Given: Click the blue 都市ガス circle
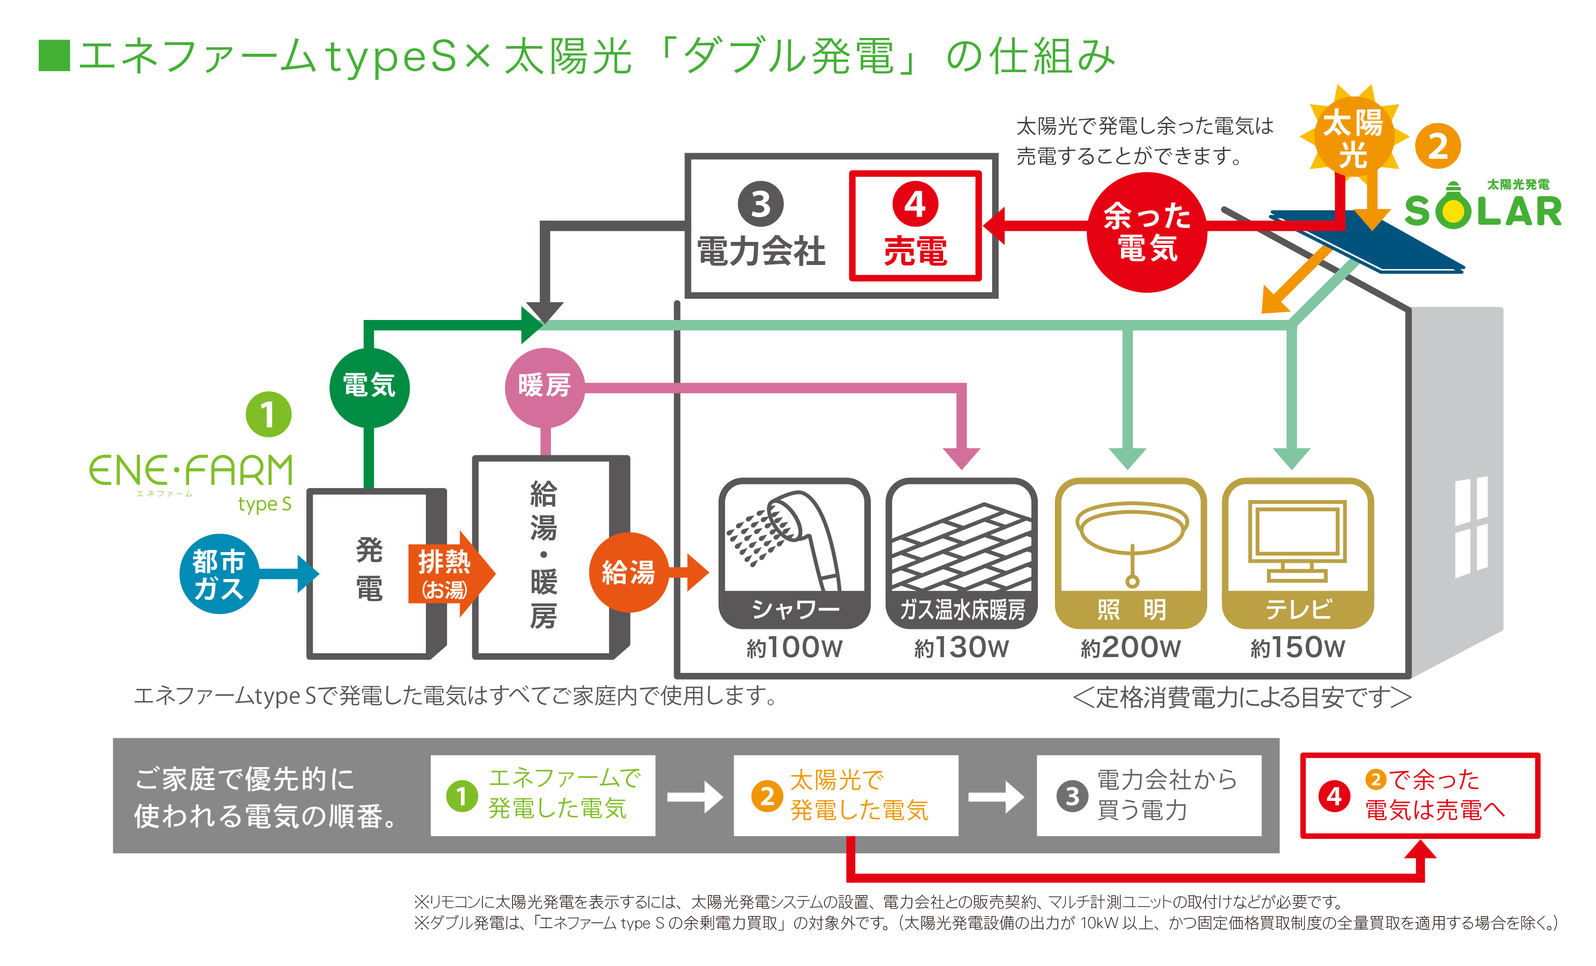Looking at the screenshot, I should pos(218,573).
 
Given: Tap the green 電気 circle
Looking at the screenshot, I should pos(369,387).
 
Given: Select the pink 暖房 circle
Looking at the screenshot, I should pos(544,387).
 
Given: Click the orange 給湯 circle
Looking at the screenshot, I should pos(628,572).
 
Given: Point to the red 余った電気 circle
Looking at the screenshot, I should pos(1147,232).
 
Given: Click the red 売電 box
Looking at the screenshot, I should pos(915,225).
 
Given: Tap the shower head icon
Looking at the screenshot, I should pos(793,537).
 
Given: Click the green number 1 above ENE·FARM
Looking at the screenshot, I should pos(268,414).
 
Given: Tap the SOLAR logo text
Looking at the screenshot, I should pos(1483,211).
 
